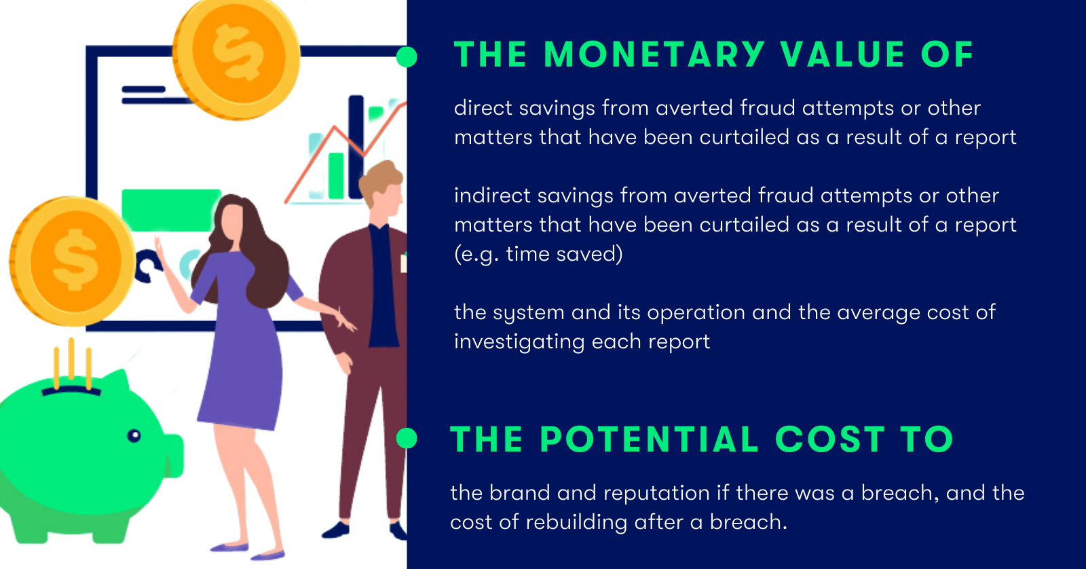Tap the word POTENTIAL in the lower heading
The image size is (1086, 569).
[x=649, y=439]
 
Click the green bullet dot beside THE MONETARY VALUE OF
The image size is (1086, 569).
[x=407, y=57]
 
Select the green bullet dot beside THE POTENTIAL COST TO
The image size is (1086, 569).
[x=407, y=439]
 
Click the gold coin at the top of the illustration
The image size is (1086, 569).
[x=237, y=57]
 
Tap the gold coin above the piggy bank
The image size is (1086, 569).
[x=73, y=261]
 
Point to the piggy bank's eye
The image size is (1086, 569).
[x=134, y=436]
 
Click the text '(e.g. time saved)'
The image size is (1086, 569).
[x=538, y=254]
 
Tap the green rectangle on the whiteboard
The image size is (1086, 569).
[x=171, y=210]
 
